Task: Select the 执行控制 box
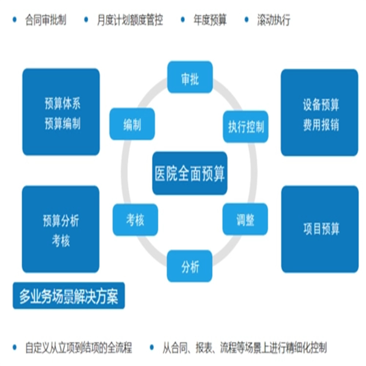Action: pos(245,127)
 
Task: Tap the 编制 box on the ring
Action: pos(132,124)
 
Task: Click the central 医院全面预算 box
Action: pos(190,174)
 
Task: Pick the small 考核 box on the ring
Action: pos(135,220)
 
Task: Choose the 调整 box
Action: pos(245,219)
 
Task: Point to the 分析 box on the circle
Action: pos(190,266)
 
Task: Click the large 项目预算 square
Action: pos(320,229)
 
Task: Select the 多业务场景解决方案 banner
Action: pos(68,296)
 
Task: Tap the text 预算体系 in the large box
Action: pos(61,104)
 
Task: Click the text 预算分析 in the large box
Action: pos(61,221)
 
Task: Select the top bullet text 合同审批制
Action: pos(45,20)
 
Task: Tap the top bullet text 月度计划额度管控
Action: pos(129,20)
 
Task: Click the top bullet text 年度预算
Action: pos(209,20)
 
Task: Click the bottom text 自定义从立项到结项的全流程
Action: pos(79,347)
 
